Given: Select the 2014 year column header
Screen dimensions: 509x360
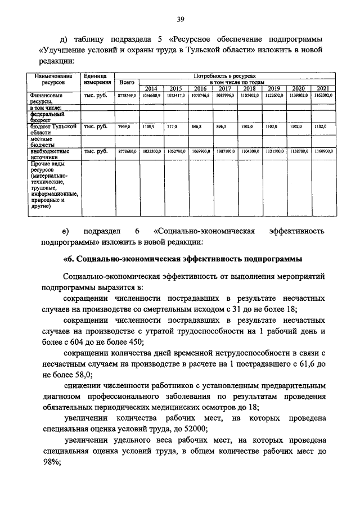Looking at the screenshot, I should (x=151, y=88).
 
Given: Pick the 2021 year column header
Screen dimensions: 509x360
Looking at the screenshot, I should (x=323, y=88).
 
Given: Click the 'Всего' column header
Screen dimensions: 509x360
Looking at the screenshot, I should (x=127, y=82).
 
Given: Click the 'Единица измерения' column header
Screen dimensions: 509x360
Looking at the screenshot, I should (x=96, y=79).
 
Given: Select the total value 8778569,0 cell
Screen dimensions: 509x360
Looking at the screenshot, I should (x=127, y=96).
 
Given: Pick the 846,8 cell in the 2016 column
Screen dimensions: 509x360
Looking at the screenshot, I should (x=199, y=127).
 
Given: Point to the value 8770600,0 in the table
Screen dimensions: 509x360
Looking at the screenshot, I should (x=127, y=151).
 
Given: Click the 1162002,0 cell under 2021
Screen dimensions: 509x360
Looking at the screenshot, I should (x=323, y=96).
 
